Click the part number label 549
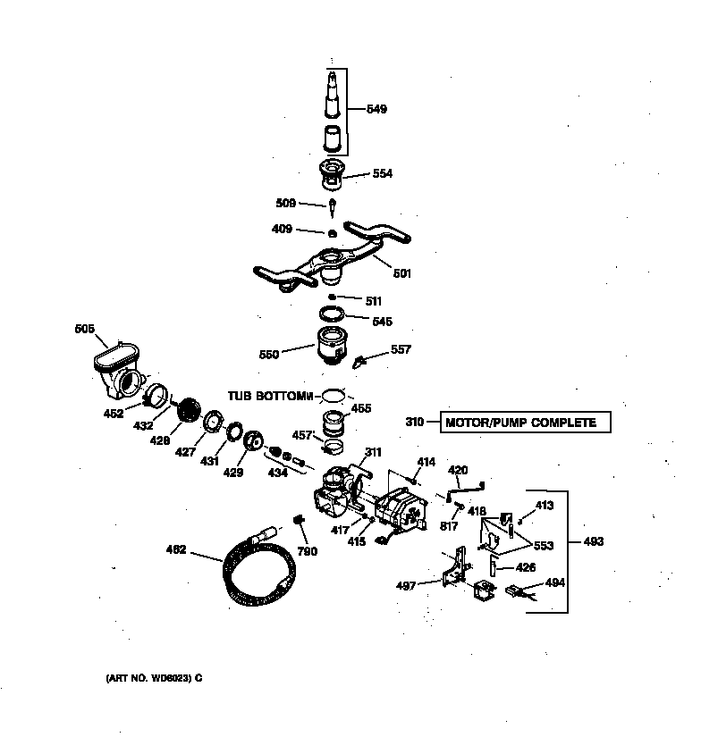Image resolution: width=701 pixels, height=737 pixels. (x=376, y=110)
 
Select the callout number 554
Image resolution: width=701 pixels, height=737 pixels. (x=382, y=173)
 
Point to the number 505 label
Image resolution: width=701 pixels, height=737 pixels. (x=85, y=330)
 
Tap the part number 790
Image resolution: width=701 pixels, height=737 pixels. (x=307, y=551)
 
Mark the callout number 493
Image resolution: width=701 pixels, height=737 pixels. (x=593, y=541)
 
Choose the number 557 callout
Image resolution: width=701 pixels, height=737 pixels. (x=401, y=349)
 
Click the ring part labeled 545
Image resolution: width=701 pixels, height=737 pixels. (x=332, y=314)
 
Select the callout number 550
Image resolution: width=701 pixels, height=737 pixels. (x=268, y=355)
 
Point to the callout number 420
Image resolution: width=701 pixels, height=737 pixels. (x=457, y=470)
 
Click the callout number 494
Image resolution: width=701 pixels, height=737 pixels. (x=554, y=583)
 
